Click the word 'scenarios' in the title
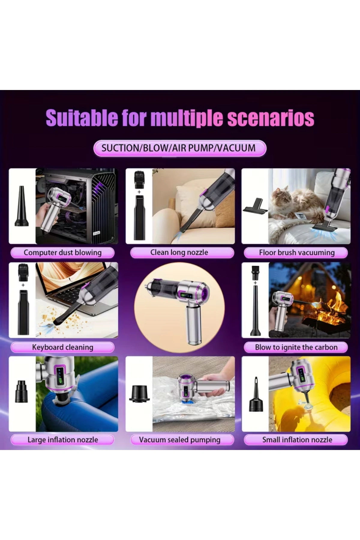click(271, 118)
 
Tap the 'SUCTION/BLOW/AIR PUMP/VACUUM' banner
click(180, 148)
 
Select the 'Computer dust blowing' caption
click(63, 253)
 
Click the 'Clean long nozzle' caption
click(179, 252)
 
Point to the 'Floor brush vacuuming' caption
click(296, 253)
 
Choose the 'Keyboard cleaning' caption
click(63, 347)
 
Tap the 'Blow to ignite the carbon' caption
click(296, 347)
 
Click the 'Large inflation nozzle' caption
click(63, 440)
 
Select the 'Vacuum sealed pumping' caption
click(179, 440)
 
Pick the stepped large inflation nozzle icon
click(22, 391)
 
